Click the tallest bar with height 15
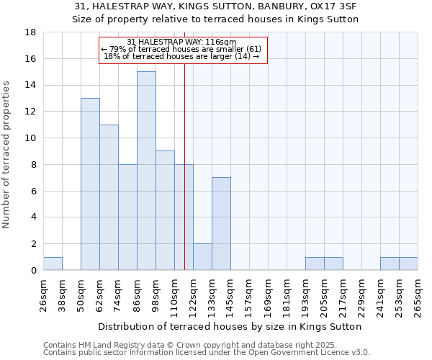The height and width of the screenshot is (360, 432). point(146,171)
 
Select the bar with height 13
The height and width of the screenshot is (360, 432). point(90,184)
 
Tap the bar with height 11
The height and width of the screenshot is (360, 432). point(109,197)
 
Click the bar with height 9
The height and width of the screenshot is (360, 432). point(165,210)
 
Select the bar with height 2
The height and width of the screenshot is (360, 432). point(202,257)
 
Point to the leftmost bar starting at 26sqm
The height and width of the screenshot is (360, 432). point(53,264)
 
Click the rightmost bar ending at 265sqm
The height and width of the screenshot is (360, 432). point(408,264)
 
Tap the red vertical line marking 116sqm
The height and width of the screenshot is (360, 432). point(184,166)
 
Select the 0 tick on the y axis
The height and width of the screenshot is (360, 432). point(33,271)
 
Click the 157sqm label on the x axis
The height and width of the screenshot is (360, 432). point(249,294)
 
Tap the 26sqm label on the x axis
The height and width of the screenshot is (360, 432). point(43,294)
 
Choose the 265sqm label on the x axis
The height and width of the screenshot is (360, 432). point(418,294)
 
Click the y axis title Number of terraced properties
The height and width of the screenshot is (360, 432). point(7,155)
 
